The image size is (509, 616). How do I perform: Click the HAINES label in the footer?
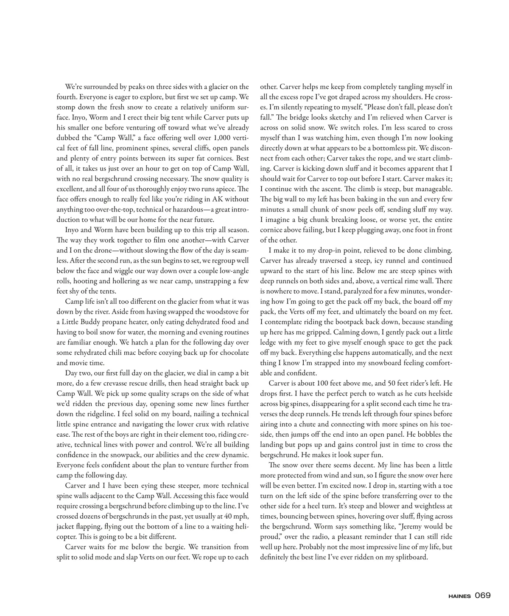459,596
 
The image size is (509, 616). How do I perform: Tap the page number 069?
483,596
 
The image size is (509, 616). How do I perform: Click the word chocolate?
232,353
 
